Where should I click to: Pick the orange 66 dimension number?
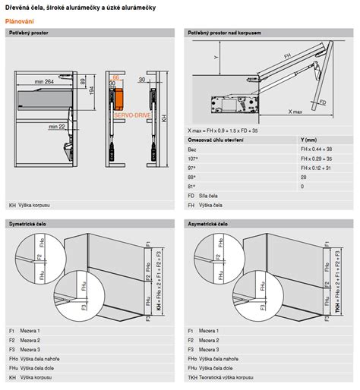[115, 77]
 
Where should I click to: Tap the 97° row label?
[192, 168]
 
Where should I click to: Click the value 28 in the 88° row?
[304, 177]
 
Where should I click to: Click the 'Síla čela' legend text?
[210, 195]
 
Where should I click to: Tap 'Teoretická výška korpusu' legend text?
[232, 376]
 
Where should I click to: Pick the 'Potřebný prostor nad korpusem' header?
[226, 33]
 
